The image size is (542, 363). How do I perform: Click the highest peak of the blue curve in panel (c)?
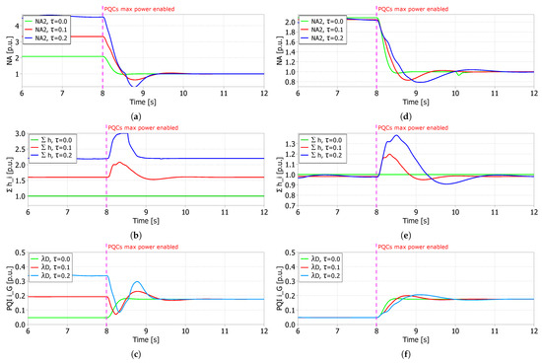(x=136, y=282)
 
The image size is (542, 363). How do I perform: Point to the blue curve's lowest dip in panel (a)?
(x=130, y=87)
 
